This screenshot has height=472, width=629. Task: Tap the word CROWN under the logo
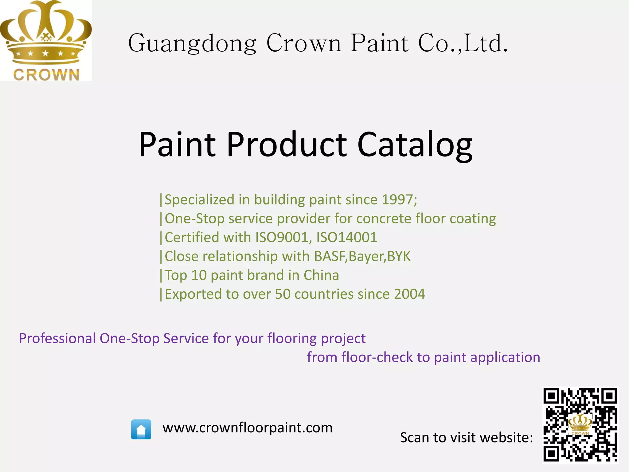pyautogui.click(x=46, y=75)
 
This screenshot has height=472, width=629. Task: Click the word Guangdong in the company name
pyautogui.click(x=192, y=44)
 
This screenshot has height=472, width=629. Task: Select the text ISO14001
pyautogui.click(x=346, y=238)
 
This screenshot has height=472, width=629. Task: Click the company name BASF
pyautogui.click(x=330, y=256)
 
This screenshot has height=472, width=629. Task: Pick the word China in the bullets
pyautogui.click(x=321, y=275)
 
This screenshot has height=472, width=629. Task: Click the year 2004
pyautogui.click(x=409, y=294)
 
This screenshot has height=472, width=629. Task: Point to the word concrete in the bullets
pyautogui.click(x=384, y=219)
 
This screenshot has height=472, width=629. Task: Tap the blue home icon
pyautogui.click(x=141, y=429)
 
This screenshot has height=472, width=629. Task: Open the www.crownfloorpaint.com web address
pyautogui.click(x=248, y=428)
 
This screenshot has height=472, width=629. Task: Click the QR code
pyautogui.click(x=580, y=425)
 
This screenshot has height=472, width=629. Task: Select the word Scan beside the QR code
pyautogui.click(x=415, y=438)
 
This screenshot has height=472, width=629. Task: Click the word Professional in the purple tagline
pyautogui.click(x=57, y=338)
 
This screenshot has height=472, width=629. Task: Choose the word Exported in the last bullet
pyautogui.click(x=193, y=294)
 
